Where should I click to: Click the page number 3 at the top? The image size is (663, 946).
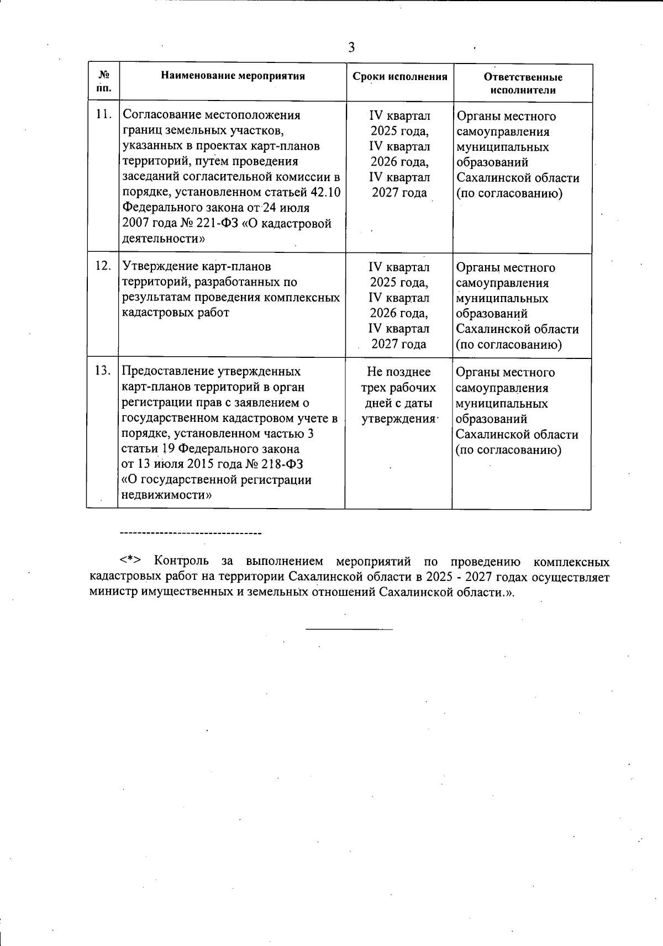[x=351, y=47]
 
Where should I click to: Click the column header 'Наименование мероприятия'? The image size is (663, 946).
[x=233, y=76]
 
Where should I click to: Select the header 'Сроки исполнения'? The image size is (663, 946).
[x=400, y=77]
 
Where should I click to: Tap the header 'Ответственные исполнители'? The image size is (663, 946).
[x=523, y=83]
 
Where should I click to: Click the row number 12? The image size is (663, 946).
[x=103, y=266]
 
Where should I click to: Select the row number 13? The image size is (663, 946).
[x=102, y=371]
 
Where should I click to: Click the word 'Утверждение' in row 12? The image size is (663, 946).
[x=157, y=267]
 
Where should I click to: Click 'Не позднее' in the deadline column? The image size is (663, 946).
[x=398, y=372]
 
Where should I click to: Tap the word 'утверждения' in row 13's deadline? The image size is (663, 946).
[x=398, y=419]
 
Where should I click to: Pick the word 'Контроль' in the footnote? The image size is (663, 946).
[x=182, y=562]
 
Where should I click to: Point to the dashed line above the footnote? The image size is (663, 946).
[x=190, y=533]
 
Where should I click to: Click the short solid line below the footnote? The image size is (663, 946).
[x=349, y=629]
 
